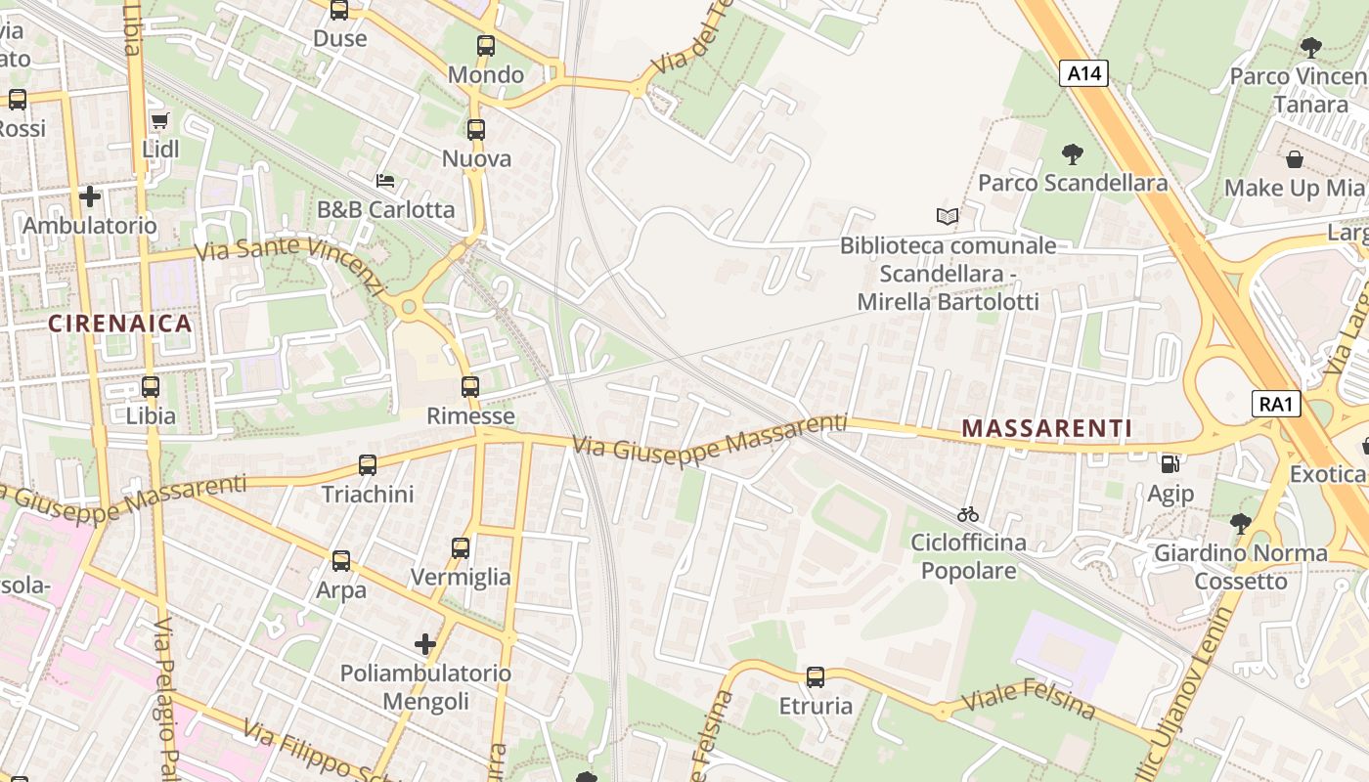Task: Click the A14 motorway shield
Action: point(1083,72)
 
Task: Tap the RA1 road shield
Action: point(1276,403)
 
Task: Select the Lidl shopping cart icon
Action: point(160,120)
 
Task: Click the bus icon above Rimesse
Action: point(470,386)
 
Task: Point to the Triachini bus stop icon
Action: point(368,465)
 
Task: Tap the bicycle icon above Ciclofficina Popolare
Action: point(968,513)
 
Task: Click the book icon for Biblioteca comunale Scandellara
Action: point(947,216)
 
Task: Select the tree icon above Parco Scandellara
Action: point(1073,153)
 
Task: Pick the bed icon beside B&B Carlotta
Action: point(385,181)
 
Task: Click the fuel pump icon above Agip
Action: point(1170,464)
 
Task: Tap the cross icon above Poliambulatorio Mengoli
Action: point(425,643)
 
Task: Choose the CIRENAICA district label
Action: point(120,324)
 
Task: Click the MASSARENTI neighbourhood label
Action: point(1047,428)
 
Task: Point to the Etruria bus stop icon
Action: point(816,676)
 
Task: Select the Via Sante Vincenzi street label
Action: point(289,264)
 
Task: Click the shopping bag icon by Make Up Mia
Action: point(1295,158)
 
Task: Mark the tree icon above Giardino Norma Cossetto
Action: point(1241,523)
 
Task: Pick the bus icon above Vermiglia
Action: point(461,548)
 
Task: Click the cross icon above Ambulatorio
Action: point(90,196)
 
